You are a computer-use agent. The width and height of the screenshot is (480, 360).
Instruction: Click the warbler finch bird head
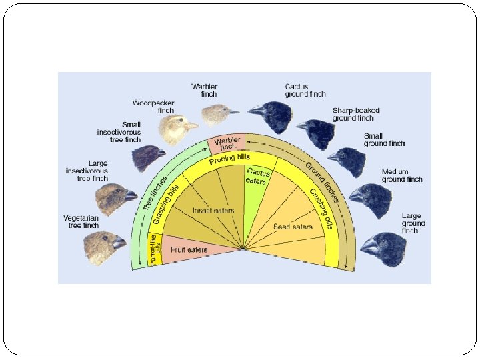(219, 115)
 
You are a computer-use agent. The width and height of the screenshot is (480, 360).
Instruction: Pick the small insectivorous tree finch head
(147, 158)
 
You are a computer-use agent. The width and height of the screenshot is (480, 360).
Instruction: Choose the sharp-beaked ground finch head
(317, 133)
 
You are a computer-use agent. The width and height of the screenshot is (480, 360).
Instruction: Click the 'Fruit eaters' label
(189, 250)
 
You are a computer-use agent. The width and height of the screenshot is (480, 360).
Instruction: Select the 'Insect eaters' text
(213, 211)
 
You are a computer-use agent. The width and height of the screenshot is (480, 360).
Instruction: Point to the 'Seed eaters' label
(293, 227)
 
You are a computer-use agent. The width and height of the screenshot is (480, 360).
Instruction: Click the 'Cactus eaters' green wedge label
(257, 177)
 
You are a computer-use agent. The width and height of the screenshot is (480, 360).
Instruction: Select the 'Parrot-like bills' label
(153, 250)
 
